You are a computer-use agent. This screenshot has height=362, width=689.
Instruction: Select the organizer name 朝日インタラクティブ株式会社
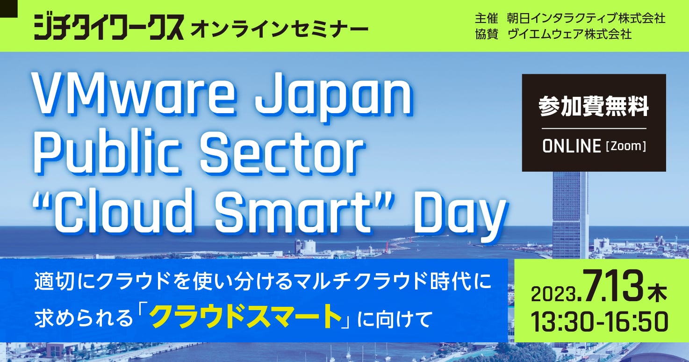point(586,18)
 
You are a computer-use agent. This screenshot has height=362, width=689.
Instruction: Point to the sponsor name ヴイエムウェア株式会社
point(569,34)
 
